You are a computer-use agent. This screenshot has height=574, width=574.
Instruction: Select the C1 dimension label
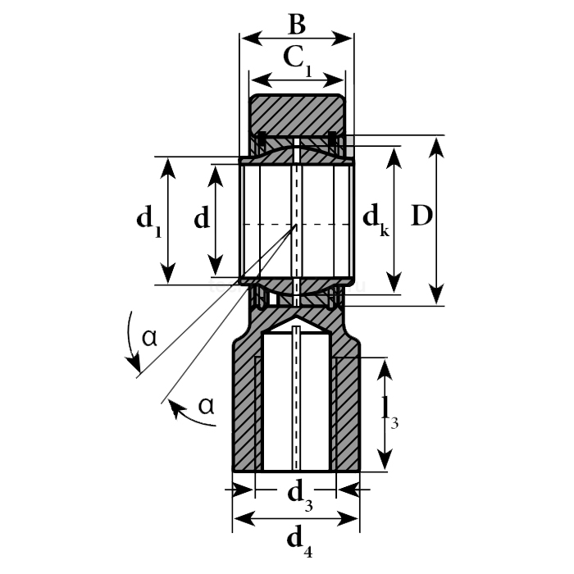tap(297, 59)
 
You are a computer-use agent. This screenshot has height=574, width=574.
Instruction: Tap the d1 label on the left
tap(148, 221)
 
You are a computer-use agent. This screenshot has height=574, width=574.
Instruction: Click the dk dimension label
tap(376, 219)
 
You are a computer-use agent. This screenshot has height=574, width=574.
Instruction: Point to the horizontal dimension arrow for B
tap(297, 39)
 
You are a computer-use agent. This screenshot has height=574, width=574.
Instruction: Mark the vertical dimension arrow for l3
tap(384, 414)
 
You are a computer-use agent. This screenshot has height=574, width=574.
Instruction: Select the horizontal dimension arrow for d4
tap(297, 518)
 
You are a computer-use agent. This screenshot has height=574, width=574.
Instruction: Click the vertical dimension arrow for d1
tap(168, 220)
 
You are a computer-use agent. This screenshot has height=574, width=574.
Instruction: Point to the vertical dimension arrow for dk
tap(395, 220)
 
